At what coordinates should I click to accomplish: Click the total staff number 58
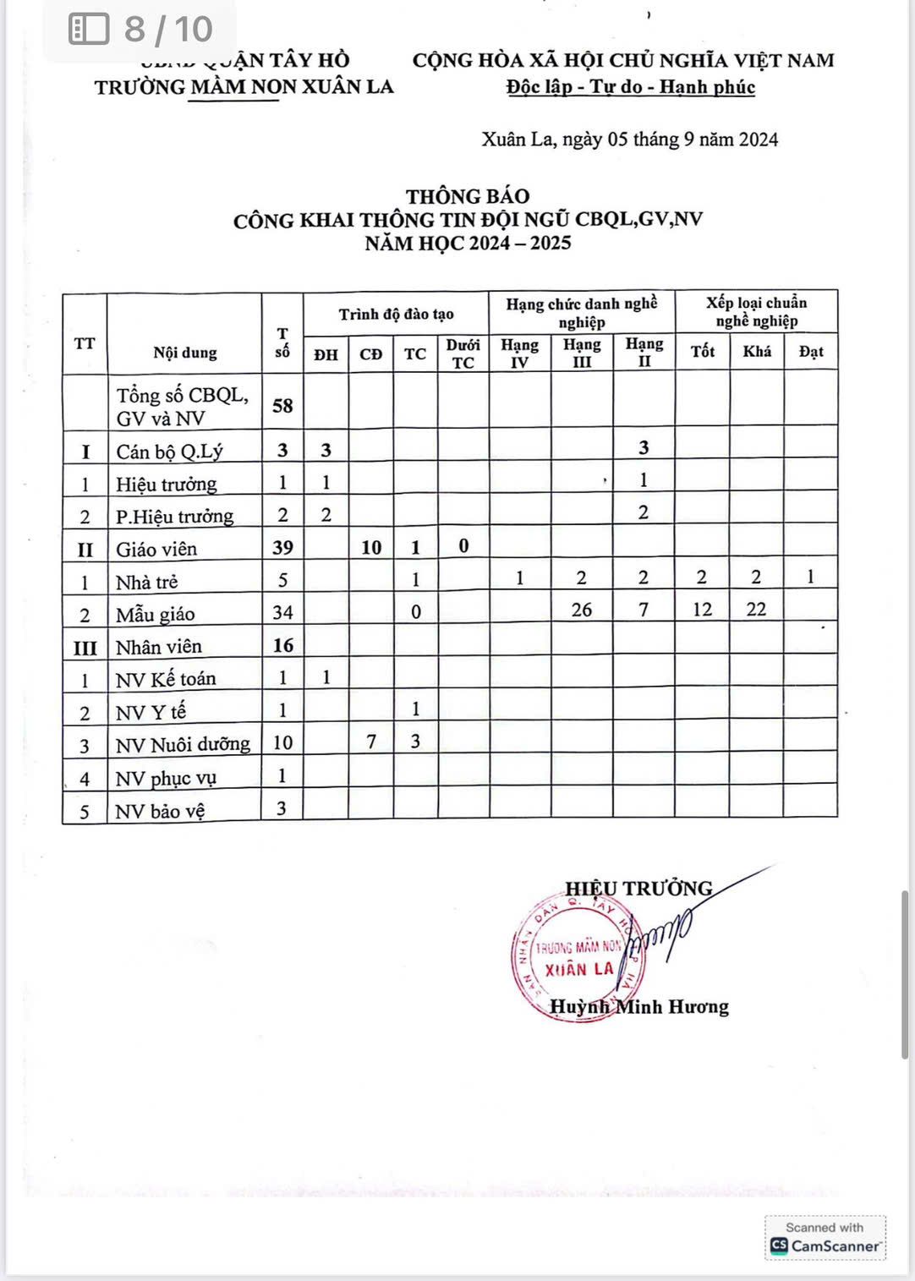(x=282, y=406)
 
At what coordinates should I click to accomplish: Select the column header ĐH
(x=326, y=354)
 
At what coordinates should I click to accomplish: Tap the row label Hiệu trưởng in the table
(x=167, y=484)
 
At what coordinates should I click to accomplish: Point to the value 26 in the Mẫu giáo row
(x=582, y=610)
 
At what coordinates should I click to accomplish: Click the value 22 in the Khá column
(x=756, y=610)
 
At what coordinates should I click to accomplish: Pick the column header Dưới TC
(x=463, y=353)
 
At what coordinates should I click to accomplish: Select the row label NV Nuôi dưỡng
(x=183, y=744)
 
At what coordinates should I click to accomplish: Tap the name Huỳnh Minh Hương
(x=639, y=1006)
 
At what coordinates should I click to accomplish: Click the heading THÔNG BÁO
(x=468, y=196)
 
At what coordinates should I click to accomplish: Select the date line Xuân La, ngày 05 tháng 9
(x=630, y=140)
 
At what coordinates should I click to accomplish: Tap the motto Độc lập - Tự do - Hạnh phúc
(x=631, y=87)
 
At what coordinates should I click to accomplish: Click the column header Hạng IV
(x=519, y=353)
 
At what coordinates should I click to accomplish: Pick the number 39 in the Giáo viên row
(x=282, y=547)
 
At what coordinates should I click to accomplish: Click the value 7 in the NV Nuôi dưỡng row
(x=370, y=742)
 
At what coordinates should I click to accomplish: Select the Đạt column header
(x=810, y=352)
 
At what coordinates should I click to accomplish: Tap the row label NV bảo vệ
(x=161, y=811)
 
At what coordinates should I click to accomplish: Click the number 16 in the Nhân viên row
(x=282, y=645)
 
